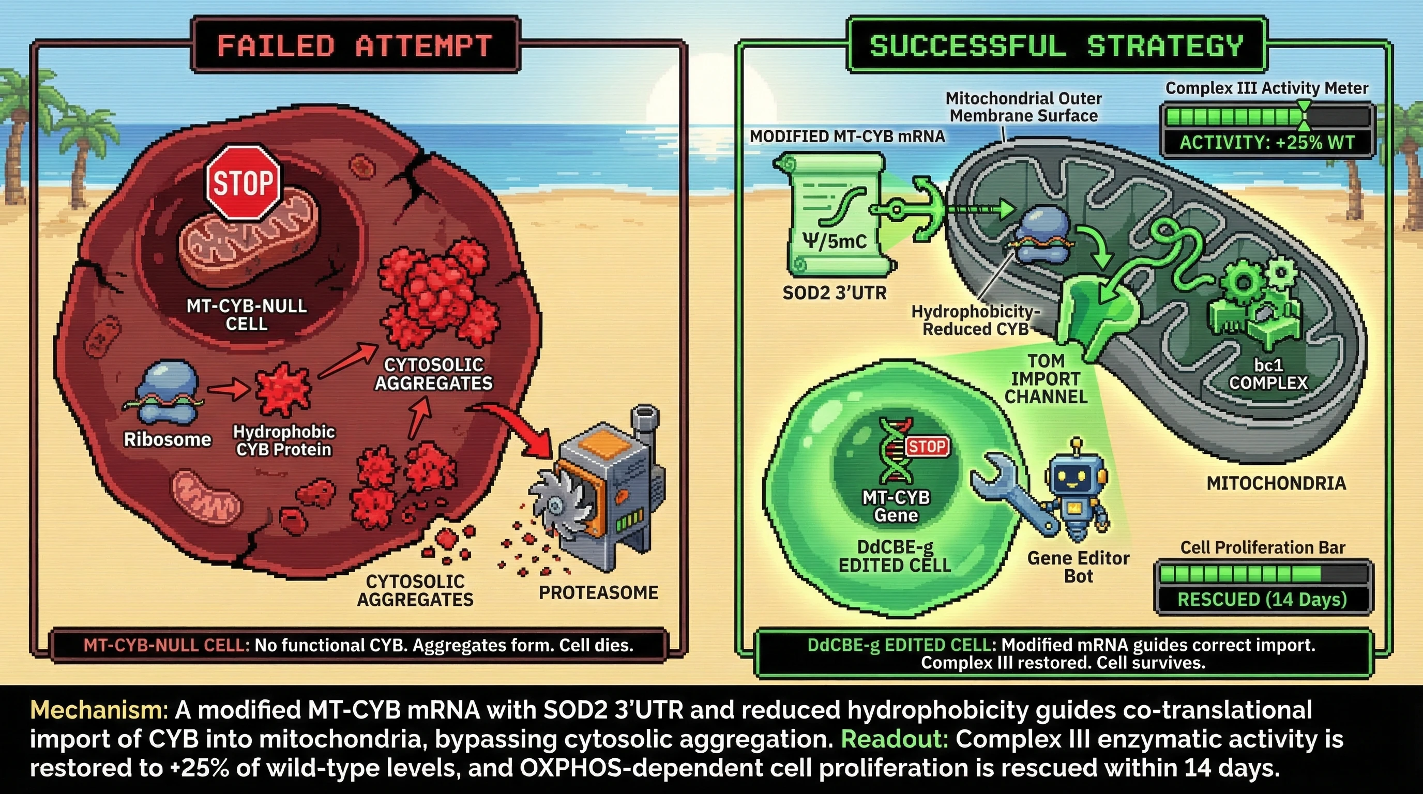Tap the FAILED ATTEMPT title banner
355,45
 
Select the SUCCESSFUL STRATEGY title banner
1056,45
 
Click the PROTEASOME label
598,592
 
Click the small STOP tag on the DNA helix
927,446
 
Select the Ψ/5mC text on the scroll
834,241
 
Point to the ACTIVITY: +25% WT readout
1267,143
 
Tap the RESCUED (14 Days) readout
1262,599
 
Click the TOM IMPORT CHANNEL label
1045,379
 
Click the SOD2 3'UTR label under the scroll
834,293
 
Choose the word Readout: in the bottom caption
895,739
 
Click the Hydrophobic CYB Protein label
284,440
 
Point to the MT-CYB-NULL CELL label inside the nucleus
246,315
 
